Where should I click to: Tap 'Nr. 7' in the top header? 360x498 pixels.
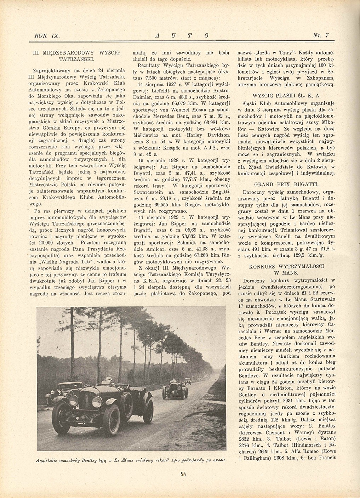(321, 35)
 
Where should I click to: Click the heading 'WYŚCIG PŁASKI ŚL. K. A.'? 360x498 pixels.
(287, 96)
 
